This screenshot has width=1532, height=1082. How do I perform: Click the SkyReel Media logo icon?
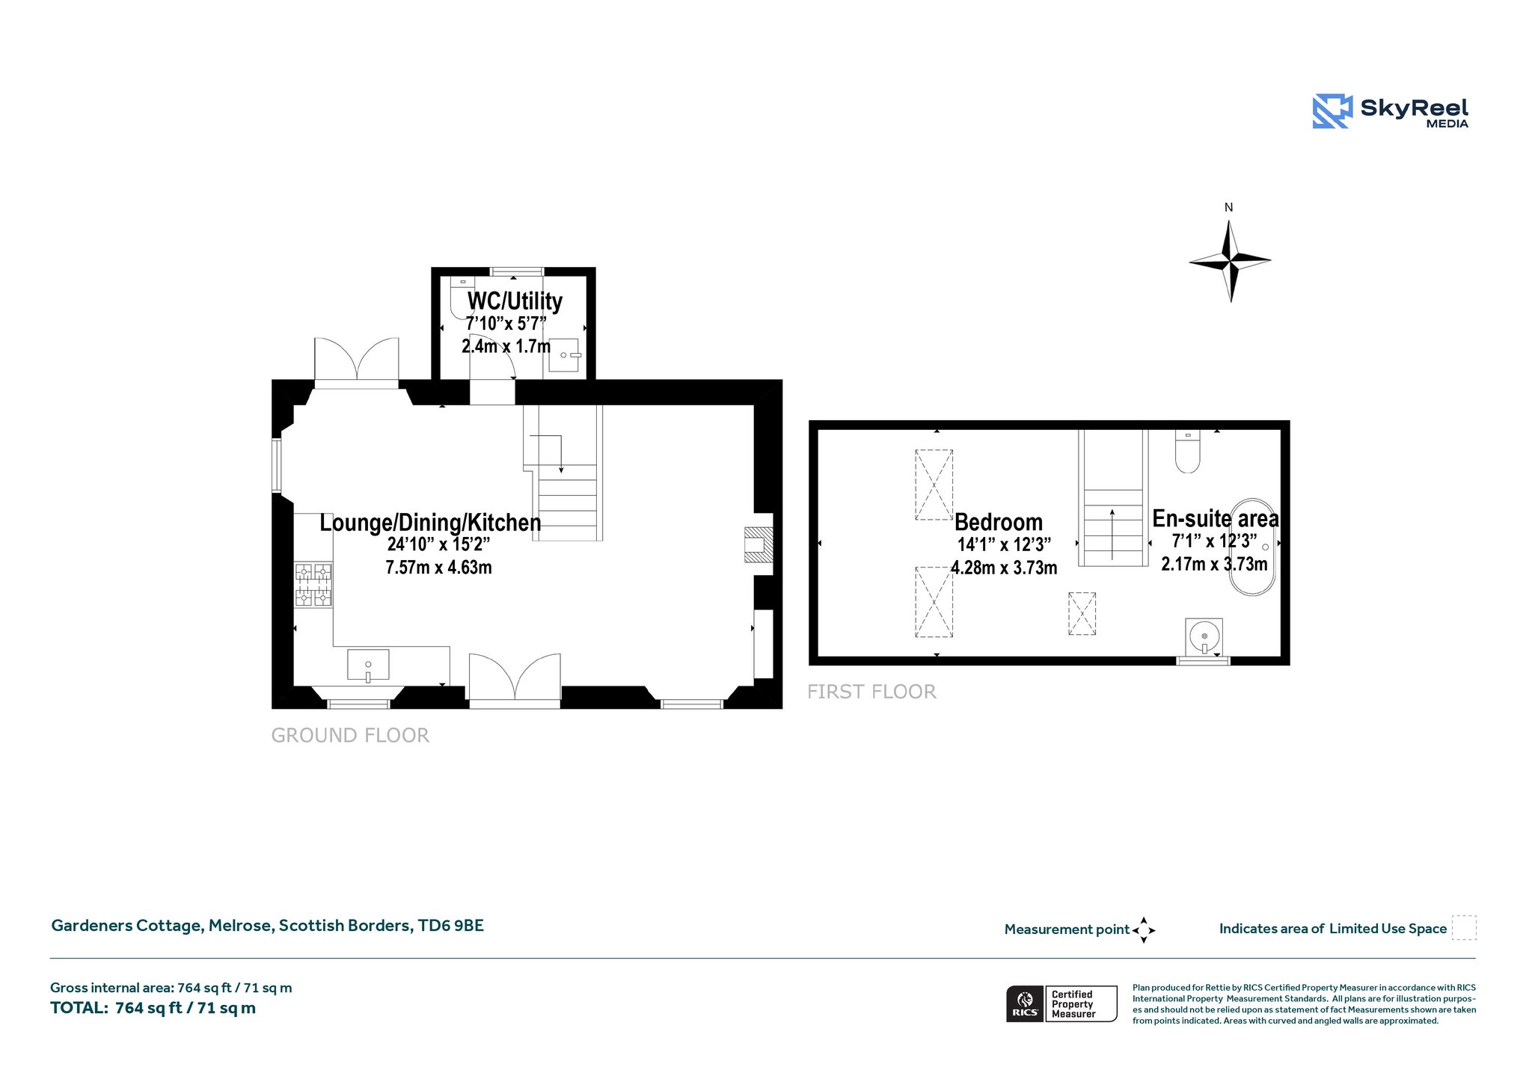(x=1332, y=111)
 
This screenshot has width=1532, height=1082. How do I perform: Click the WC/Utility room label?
(x=515, y=301)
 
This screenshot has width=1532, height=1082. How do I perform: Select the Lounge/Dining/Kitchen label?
(x=430, y=522)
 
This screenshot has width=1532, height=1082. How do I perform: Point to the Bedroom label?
(x=999, y=522)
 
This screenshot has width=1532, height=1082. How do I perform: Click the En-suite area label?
(x=1216, y=518)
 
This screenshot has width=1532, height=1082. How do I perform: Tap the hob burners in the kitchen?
(x=314, y=585)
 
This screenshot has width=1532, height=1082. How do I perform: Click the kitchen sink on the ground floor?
(x=368, y=666)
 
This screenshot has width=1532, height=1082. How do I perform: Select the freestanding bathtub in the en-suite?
(x=1253, y=547)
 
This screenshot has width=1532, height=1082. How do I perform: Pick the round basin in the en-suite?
(x=1204, y=637)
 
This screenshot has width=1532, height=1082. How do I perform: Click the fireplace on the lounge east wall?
(x=759, y=544)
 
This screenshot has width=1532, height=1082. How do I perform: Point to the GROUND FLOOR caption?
(x=350, y=736)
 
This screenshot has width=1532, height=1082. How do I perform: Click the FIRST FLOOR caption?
(x=871, y=692)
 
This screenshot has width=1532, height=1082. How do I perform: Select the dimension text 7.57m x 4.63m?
(x=439, y=568)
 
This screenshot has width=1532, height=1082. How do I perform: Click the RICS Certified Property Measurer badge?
(x=1061, y=1003)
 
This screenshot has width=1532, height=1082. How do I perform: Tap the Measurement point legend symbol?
(x=1144, y=930)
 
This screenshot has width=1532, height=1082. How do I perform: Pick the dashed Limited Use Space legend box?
(x=1464, y=928)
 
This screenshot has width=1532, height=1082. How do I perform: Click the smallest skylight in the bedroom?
(x=1082, y=614)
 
